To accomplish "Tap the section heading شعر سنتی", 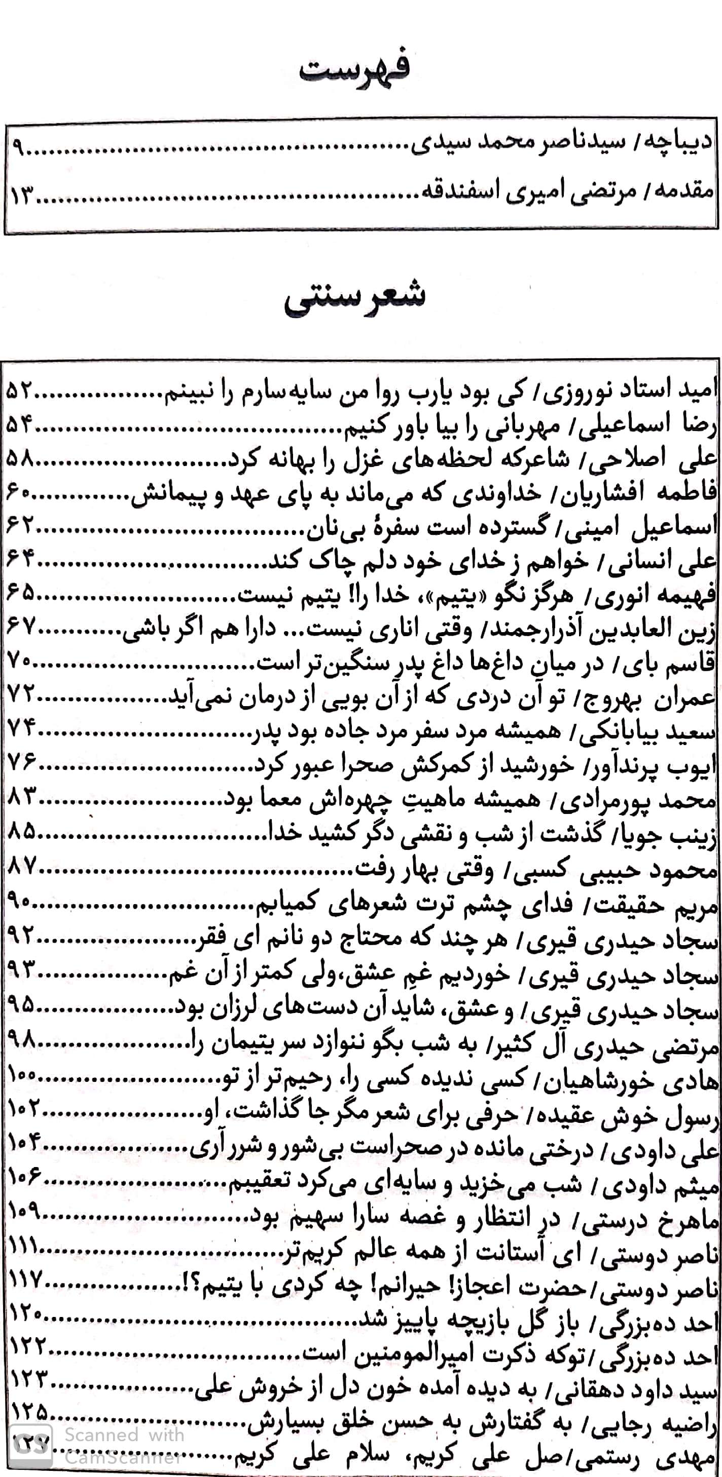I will (355, 296).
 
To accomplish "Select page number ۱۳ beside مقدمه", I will (21, 199).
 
